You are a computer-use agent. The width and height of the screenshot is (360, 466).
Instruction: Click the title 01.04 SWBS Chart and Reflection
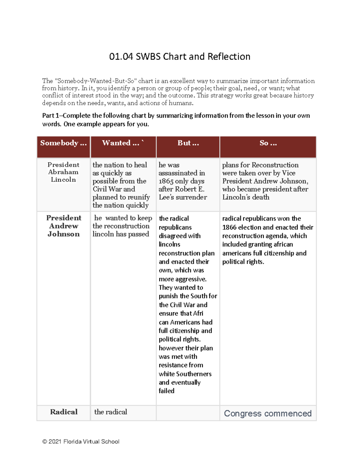[179, 56]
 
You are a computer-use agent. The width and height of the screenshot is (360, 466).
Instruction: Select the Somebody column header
[63, 143]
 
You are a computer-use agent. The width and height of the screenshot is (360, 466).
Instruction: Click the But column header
[188, 143]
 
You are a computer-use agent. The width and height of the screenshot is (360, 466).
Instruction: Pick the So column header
[268, 143]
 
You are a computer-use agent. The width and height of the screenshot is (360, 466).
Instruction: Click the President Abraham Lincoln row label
[63, 172]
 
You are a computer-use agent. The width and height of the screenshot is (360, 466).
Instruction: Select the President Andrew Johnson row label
[64, 226]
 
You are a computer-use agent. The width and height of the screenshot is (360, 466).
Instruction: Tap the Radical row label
[64, 412]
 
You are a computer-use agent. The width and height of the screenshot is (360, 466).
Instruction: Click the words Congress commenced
[268, 413]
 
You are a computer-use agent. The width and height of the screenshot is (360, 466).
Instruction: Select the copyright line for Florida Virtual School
[81, 442]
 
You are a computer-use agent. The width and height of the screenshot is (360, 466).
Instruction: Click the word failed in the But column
[166, 391]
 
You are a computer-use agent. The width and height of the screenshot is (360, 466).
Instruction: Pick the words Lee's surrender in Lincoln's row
[183, 197]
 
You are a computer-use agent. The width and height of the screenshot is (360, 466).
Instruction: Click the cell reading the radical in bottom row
[111, 412]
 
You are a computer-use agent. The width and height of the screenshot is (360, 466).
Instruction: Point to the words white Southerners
[185, 374]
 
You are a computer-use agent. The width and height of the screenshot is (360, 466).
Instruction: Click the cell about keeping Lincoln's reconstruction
[122, 226]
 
